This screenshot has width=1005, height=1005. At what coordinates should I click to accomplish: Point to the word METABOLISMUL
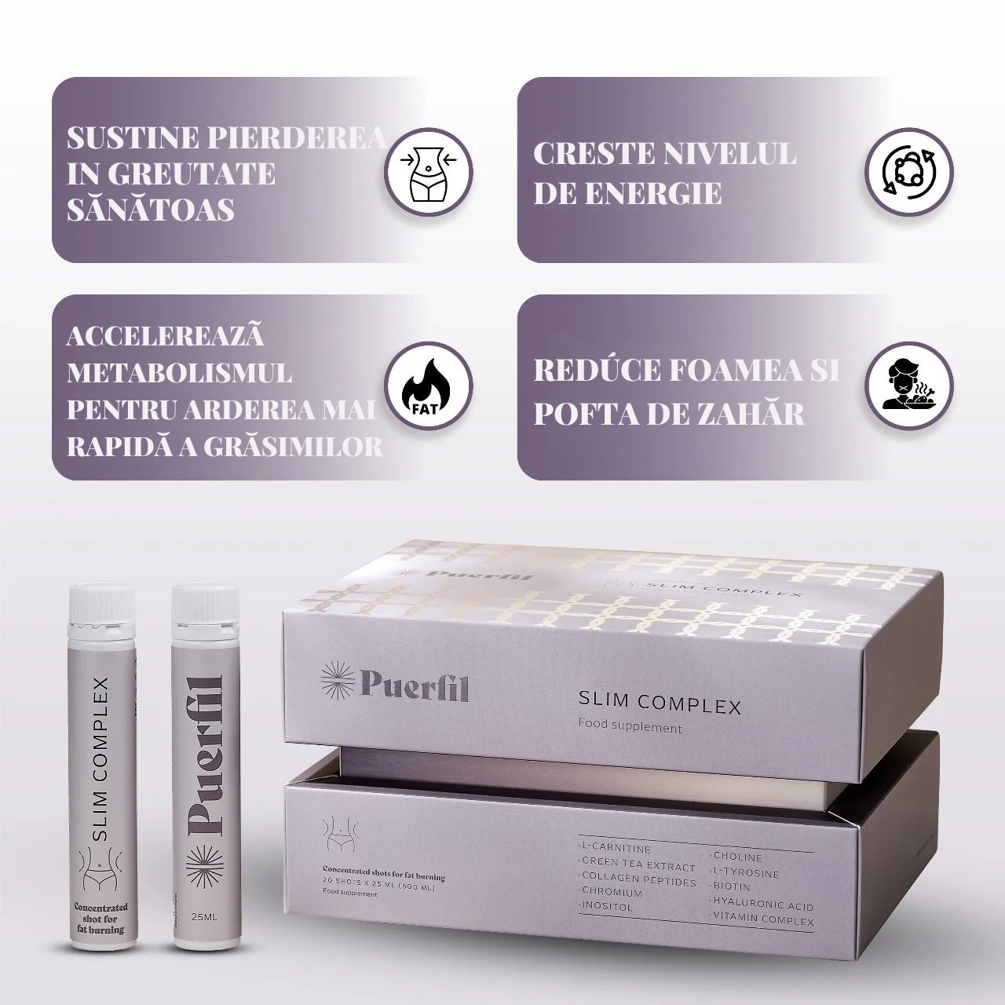coord(179,372)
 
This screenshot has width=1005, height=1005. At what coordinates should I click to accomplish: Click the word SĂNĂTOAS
coord(151,210)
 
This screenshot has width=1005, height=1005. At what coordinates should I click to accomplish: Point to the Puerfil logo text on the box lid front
coord(415,682)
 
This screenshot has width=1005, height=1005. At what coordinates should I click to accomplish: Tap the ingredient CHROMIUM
coord(612,892)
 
